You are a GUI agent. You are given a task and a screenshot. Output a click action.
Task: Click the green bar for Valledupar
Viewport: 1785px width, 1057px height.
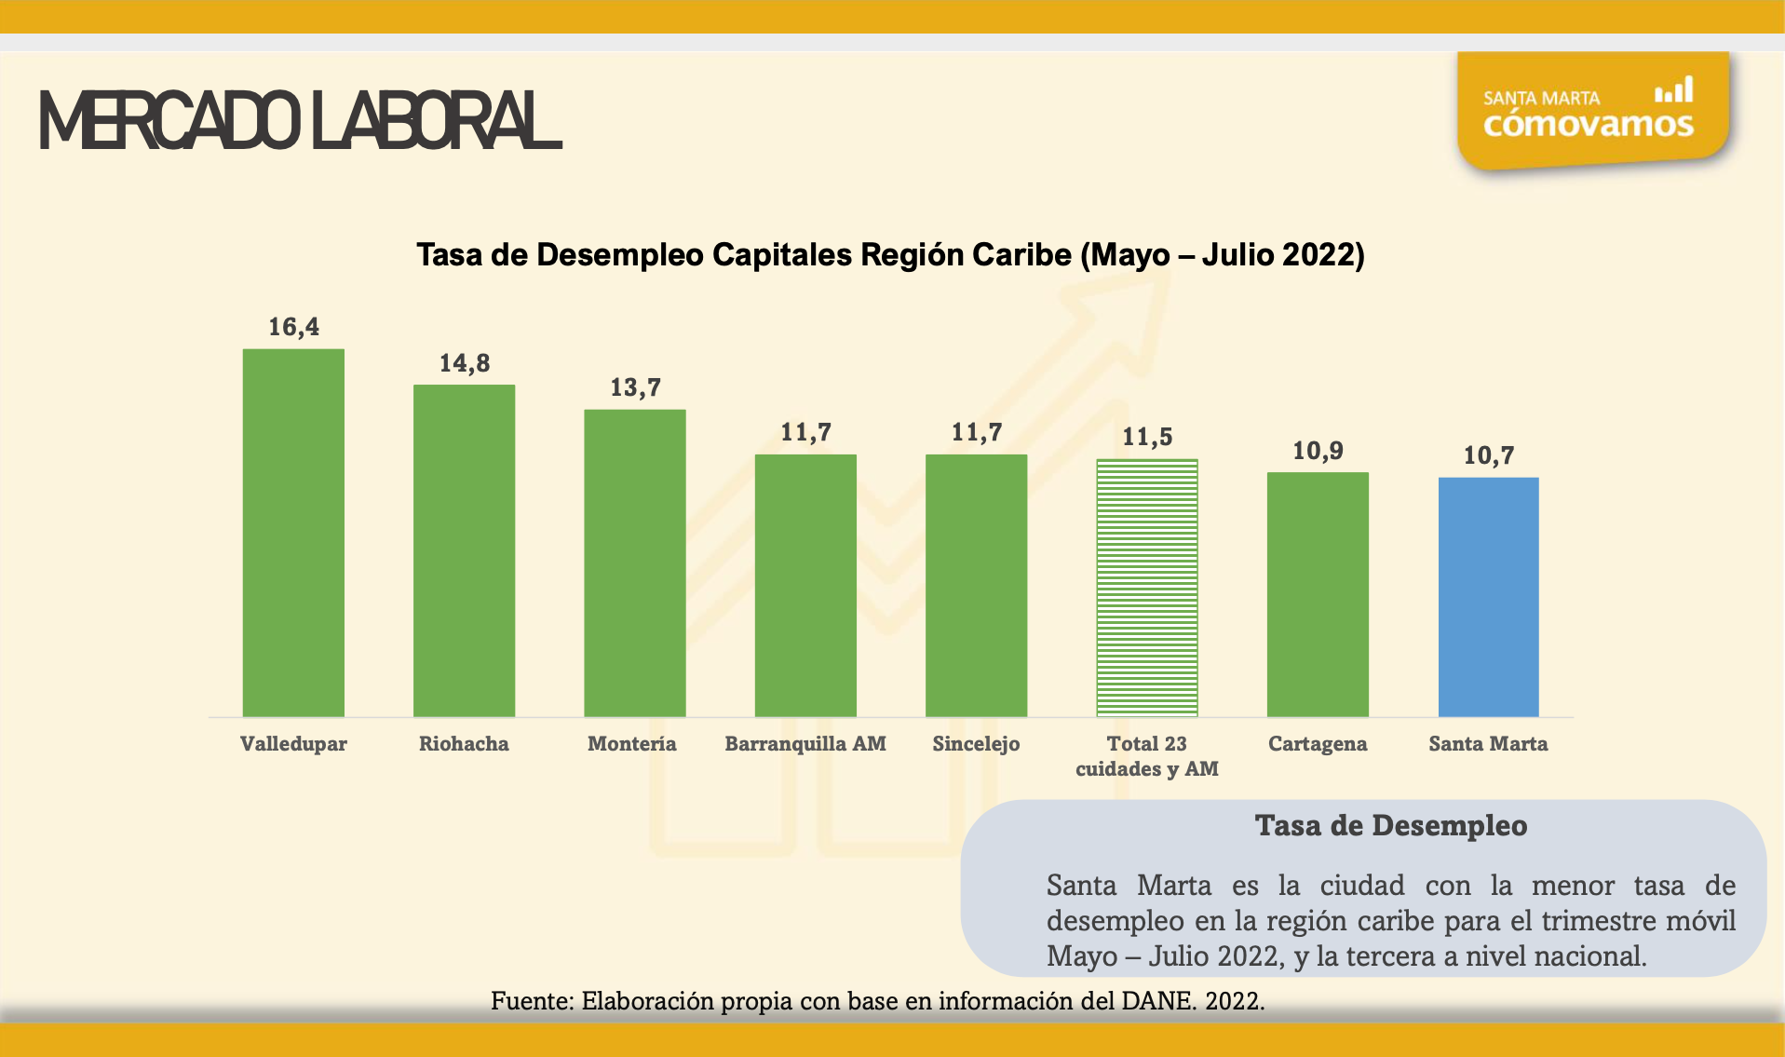(293, 533)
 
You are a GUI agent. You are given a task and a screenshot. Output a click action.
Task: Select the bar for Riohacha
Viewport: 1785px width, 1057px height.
(464, 550)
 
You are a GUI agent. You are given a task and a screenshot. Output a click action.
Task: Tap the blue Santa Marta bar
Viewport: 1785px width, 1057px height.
(1488, 597)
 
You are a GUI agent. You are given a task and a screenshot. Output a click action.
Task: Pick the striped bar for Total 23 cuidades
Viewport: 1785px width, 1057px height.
(1146, 588)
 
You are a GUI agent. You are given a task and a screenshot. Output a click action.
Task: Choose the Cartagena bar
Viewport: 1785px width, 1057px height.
(1318, 594)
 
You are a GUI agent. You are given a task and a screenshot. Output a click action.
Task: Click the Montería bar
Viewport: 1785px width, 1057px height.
(634, 562)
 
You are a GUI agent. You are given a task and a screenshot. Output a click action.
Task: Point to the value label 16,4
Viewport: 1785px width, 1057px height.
(293, 327)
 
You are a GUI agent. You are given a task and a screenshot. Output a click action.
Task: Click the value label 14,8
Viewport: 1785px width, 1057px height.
(464, 363)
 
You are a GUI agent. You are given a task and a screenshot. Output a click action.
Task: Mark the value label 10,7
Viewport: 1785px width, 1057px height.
(1488, 455)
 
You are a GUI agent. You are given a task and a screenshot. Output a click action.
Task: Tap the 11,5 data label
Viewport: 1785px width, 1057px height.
(1146, 437)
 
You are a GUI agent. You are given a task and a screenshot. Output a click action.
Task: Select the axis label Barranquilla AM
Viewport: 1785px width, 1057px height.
(805, 743)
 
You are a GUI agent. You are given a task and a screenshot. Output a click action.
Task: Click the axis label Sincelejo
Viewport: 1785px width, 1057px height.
(976, 743)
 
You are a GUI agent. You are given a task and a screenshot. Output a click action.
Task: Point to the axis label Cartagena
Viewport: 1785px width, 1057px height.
(1318, 743)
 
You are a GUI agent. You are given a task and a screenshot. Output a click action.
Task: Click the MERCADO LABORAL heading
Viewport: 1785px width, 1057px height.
(300, 121)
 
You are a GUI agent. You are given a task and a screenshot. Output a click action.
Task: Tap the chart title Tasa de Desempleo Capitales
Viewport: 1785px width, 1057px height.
(890, 254)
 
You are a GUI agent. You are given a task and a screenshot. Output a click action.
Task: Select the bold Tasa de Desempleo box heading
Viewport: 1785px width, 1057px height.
(1390, 825)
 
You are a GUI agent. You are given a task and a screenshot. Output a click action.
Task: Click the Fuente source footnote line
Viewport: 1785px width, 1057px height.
(877, 1001)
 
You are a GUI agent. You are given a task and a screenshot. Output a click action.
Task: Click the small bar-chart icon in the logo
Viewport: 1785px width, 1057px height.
(1673, 90)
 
